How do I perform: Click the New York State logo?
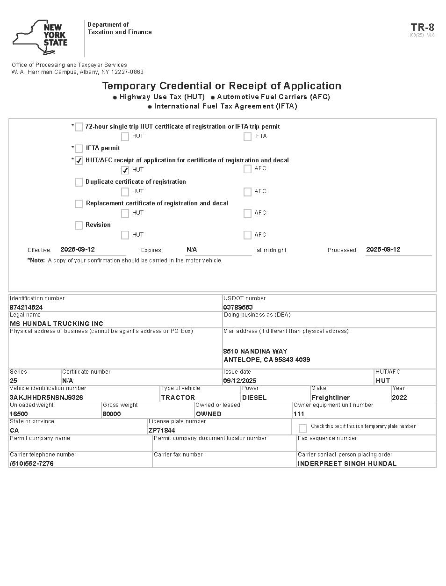40,37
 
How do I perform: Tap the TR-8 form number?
422,27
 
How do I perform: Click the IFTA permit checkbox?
79,148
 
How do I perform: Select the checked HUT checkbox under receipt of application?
125,170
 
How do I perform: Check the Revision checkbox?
79,225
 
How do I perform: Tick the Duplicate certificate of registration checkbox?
79,182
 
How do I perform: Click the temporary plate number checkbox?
302,428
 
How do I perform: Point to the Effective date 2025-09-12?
78,249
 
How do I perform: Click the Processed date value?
383,249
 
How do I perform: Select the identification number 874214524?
26,307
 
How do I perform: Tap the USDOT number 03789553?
238,307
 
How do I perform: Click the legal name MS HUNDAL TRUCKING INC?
57,324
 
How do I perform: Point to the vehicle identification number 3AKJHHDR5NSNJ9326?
46,398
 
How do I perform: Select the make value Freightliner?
331,398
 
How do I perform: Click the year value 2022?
400,398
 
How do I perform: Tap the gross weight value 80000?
112,414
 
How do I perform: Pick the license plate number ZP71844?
162,430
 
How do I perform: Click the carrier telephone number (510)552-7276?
32,463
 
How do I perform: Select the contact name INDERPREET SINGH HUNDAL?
347,463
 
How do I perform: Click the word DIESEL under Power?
254,398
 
